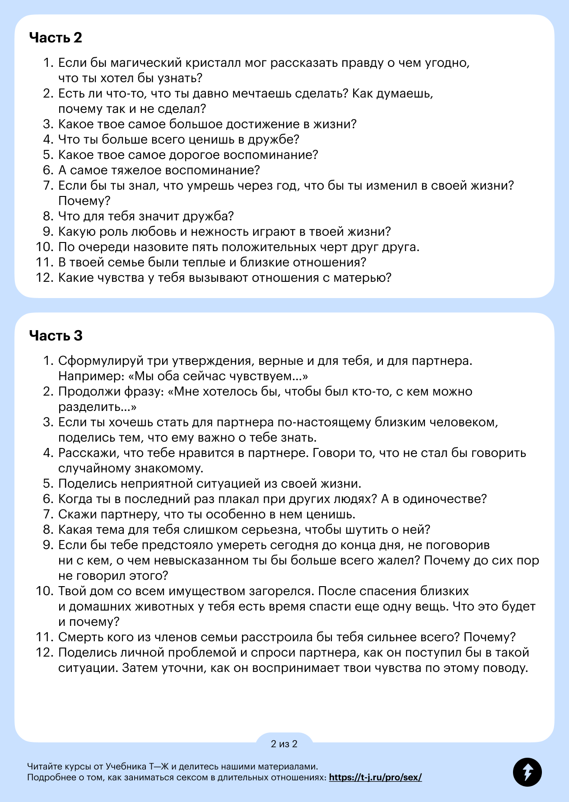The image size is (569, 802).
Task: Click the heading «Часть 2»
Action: (56, 37)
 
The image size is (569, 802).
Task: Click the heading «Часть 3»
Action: (56, 336)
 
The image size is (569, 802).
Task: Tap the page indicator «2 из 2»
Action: (284, 744)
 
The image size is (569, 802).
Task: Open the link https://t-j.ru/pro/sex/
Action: (375, 777)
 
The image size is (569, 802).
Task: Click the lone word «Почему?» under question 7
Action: (84, 201)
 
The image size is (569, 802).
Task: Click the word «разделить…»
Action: (97, 407)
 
